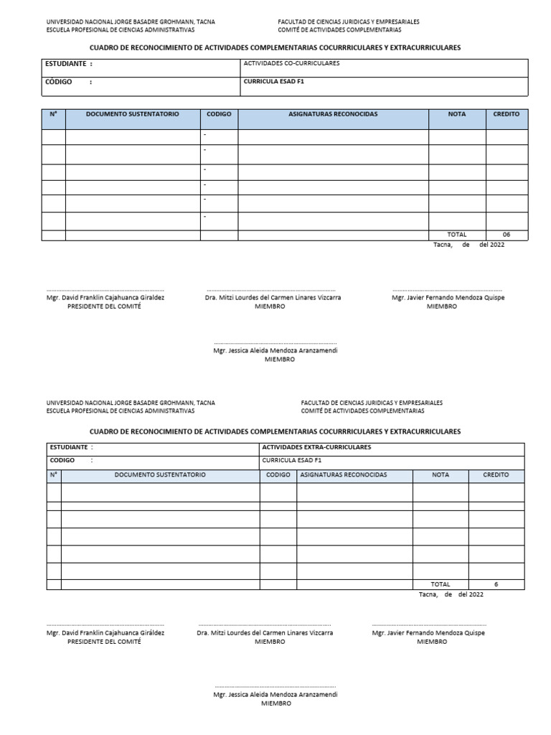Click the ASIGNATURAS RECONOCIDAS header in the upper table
click(x=333, y=114)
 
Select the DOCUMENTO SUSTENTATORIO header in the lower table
click(x=160, y=475)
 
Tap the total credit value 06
click(x=506, y=235)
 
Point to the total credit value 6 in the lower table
click(x=496, y=584)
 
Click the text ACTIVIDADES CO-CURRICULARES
click(x=292, y=64)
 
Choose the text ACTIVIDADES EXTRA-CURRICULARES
click(x=316, y=447)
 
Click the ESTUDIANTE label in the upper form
click(x=69, y=64)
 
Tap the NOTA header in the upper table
click(x=456, y=114)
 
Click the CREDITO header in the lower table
click(x=496, y=475)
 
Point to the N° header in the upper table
click(x=53, y=114)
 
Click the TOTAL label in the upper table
click(x=457, y=235)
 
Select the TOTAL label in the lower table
click(x=441, y=584)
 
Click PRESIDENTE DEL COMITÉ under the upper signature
click(x=104, y=306)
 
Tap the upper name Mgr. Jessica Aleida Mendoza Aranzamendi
click(x=275, y=351)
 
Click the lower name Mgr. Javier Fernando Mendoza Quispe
click(x=428, y=633)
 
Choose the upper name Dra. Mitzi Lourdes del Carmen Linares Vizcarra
click(x=273, y=297)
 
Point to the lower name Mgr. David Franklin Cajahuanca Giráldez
click(x=105, y=633)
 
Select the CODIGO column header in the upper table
click(x=219, y=114)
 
